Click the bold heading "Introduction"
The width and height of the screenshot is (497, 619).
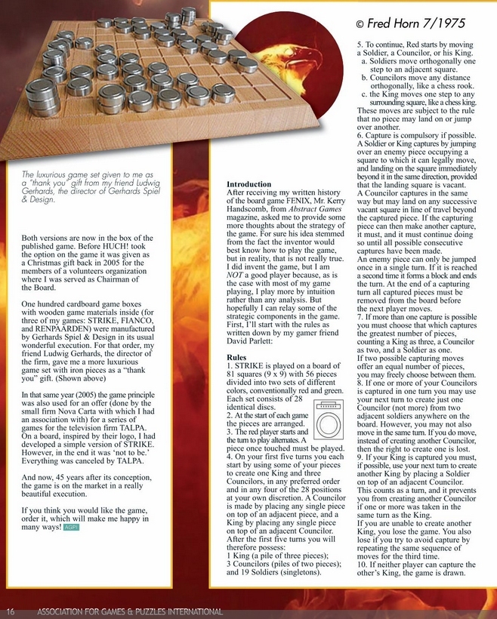[x=250, y=184]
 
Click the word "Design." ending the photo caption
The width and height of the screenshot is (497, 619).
[x=38, y=200]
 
